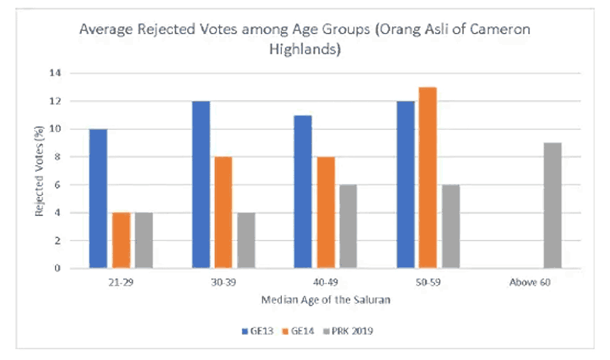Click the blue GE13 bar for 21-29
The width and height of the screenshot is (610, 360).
[x=98, y=198]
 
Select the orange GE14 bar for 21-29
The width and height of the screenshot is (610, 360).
[x=121, y=240]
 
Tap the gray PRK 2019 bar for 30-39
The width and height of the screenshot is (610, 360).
[x=246, y=240]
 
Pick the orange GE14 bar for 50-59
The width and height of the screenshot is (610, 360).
[x=428, y=178]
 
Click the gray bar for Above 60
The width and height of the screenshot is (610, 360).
[x=553, y=206]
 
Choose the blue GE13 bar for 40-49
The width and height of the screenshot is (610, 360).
[x=303, y=192]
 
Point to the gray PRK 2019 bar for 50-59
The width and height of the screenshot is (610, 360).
[x=451, y=226]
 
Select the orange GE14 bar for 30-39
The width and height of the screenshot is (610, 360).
[x=223, y=212]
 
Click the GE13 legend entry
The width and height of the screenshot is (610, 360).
[x=257, y=331]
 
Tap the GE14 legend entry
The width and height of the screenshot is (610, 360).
[x=298, y=331]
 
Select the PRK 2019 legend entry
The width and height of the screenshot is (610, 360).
[x=348, y=331]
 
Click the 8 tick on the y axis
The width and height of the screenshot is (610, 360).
[x=57, y=157]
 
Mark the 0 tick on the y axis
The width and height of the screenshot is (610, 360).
[x=57, y=268]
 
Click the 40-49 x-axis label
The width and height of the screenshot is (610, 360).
[x=326, y=282]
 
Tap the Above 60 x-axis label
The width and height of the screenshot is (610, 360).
[x=530, y=282]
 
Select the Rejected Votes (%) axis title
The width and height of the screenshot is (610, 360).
[x=38, y=171]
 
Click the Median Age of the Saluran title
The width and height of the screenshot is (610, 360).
[x=326, y=300]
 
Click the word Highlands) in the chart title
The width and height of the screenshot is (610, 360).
[x=305, y=49]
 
